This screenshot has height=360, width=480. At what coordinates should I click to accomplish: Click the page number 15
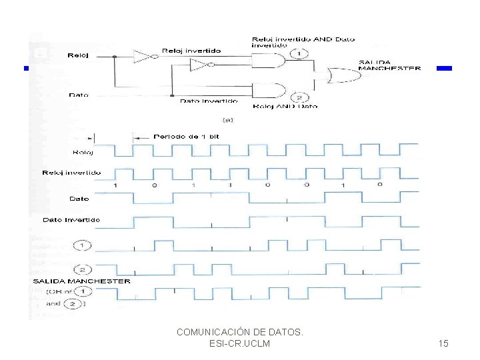(443, 343)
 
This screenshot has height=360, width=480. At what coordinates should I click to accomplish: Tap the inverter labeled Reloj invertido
(143, 57)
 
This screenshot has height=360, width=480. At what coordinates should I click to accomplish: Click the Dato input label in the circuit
(78, 95)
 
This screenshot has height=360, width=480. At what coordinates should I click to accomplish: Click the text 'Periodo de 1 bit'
(186, 136)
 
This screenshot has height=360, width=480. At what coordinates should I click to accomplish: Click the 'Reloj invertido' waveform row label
(71, 173)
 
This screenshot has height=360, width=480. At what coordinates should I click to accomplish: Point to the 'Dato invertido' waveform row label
(71, 219)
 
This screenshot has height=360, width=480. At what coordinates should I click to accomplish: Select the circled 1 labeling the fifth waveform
(83, 246)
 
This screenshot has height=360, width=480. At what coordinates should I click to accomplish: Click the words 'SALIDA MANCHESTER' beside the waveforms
(81, 281)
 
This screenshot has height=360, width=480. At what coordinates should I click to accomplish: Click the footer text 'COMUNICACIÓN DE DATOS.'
(240, 331)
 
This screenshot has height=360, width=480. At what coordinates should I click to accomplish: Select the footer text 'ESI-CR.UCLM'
(240, 343)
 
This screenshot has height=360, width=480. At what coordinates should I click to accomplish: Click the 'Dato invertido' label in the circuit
(209, 101)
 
